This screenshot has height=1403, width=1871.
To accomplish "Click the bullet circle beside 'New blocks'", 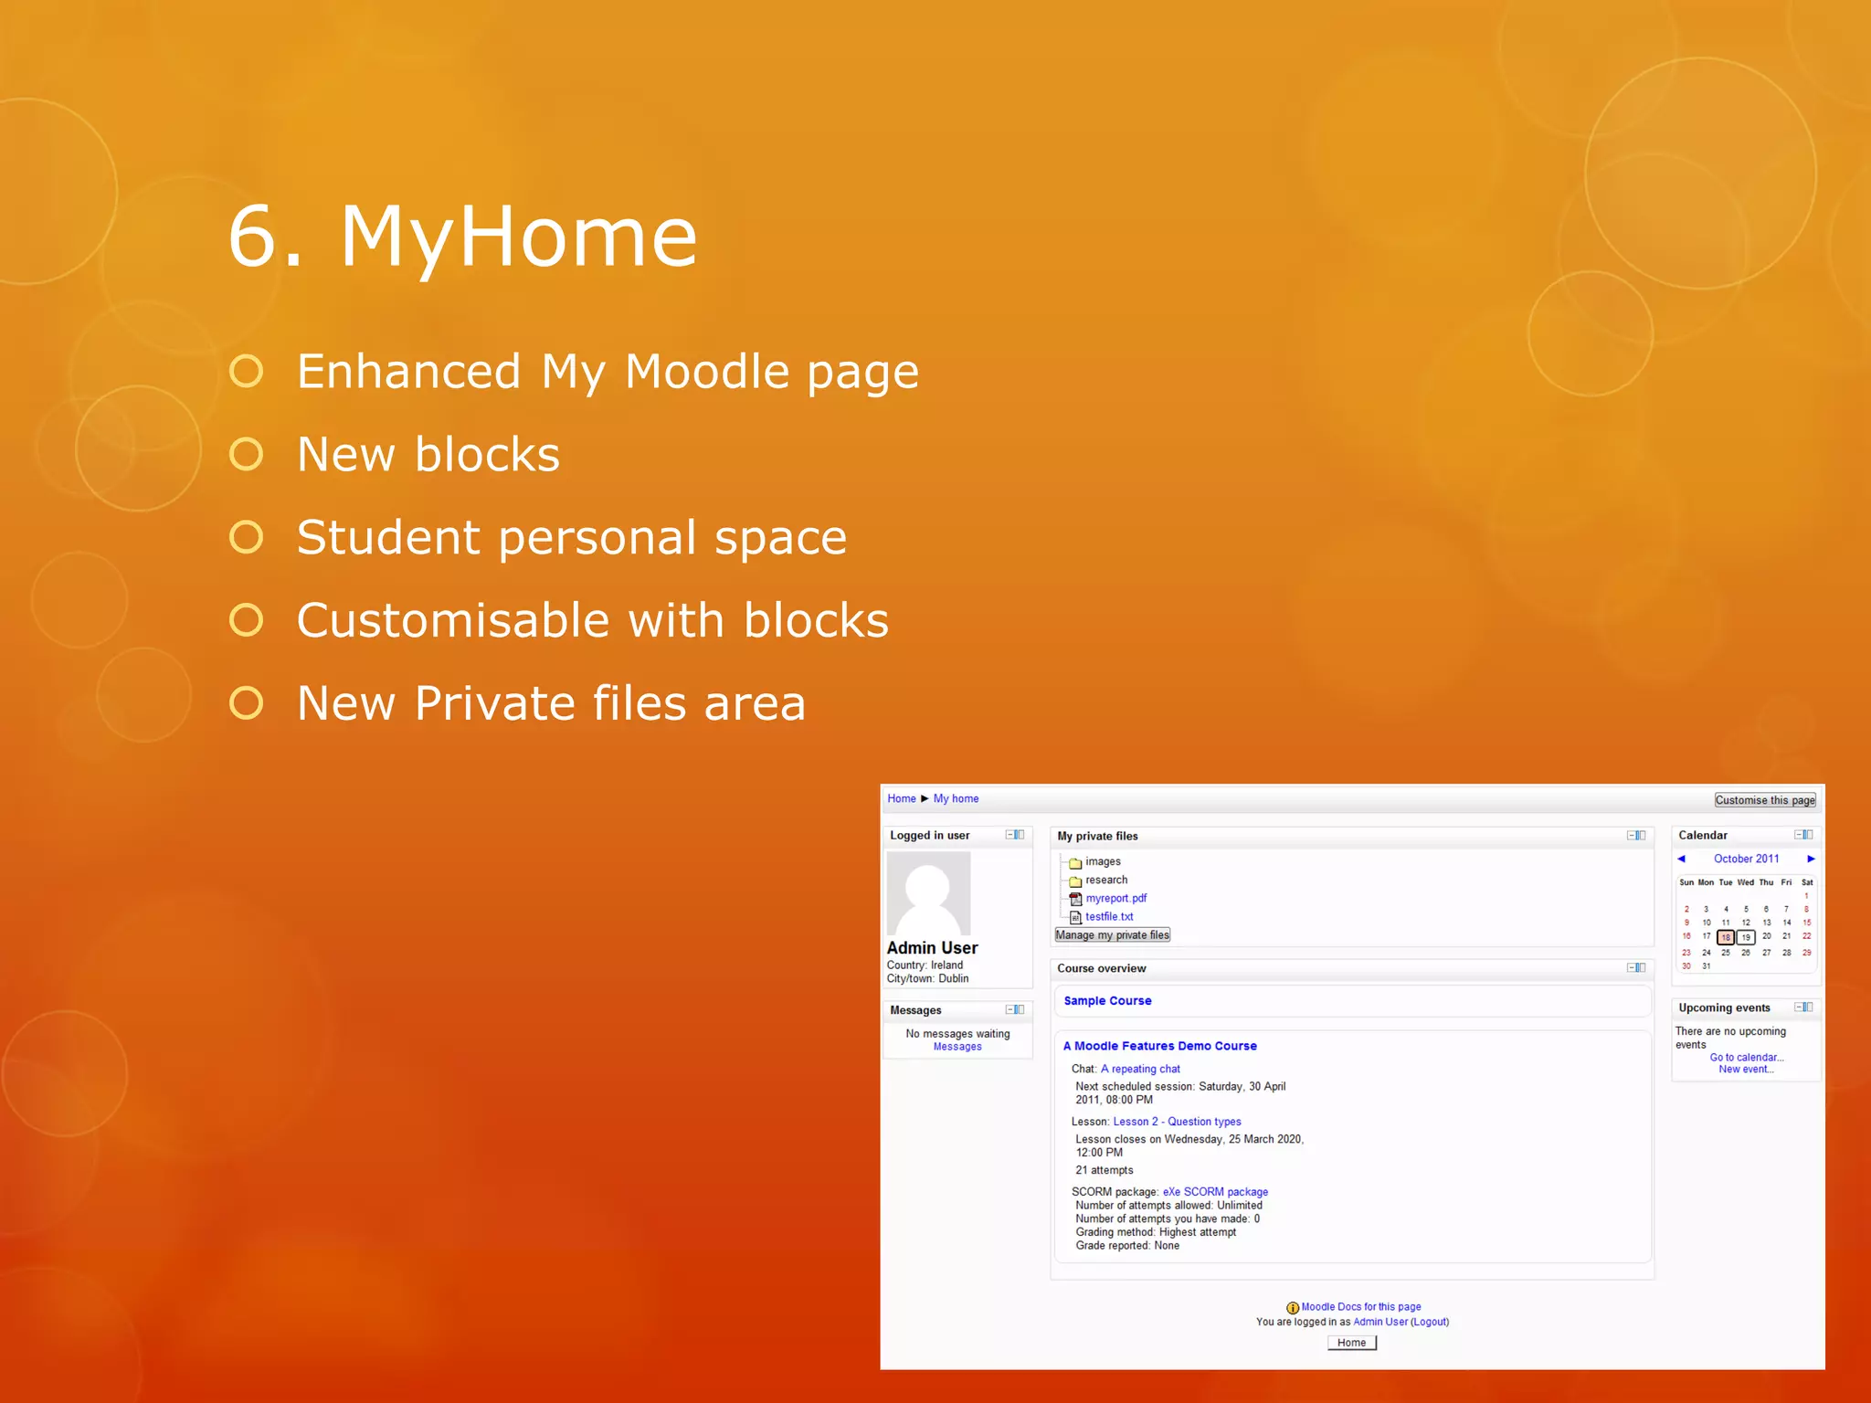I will (x=247, y=454).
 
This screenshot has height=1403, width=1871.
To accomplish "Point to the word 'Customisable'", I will (x=453, y=620).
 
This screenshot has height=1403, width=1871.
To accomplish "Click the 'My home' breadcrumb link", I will (x=956, y=798).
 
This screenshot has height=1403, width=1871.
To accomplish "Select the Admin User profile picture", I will (x=928, y=892).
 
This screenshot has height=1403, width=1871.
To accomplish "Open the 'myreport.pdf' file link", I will (x=1115, y=898).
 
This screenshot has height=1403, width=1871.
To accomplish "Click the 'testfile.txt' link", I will (x=1109, y=916).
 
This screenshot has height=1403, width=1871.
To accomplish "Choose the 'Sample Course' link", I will (x=1107, y=1000).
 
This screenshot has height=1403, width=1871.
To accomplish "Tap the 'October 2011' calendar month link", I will (x=1746, y=859).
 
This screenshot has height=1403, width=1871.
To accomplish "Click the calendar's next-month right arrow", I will (x=1811, y=859).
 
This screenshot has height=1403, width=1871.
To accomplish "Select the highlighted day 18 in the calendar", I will (x=1725, y=937).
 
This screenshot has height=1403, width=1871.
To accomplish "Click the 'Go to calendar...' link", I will (x=1746, y=1057).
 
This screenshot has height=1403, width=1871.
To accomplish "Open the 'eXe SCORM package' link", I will (x=1215, y=1191).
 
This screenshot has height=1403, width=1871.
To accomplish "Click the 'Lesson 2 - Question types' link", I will (x=1177, y=1121).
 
